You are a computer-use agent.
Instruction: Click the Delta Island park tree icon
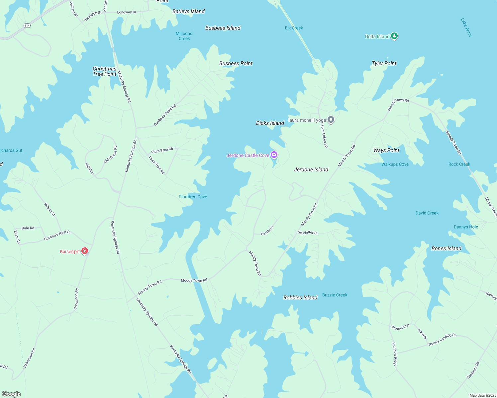pos(394,36)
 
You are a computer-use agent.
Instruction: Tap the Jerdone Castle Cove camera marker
pos(274,155)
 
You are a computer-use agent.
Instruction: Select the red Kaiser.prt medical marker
pos(85,251)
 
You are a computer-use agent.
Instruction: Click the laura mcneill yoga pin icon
pos(331,120)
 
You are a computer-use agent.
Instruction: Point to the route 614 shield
pos(27,26)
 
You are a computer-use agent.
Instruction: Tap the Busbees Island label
pos(223,28)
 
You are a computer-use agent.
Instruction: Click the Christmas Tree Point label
pos(104,71)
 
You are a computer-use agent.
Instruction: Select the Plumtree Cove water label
pos(193,197)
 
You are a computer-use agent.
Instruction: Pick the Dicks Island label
pos(270,123)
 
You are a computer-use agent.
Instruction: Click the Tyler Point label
pos(384,63)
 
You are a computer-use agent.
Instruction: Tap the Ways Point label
pos(386,150)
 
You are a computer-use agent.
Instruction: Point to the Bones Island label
pos(446,248)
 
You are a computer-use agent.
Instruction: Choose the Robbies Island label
pos(300,298)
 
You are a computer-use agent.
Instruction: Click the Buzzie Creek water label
pos(335,295)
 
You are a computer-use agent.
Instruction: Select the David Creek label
pos(427,213)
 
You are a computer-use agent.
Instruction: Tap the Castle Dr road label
pos(267,231)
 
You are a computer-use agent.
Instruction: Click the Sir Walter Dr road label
pos(308,232)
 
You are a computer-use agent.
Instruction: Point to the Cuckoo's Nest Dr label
pos(57,235)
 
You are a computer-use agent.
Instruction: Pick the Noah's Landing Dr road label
pos(442,340)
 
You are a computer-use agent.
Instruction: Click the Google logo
pos(11,394)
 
